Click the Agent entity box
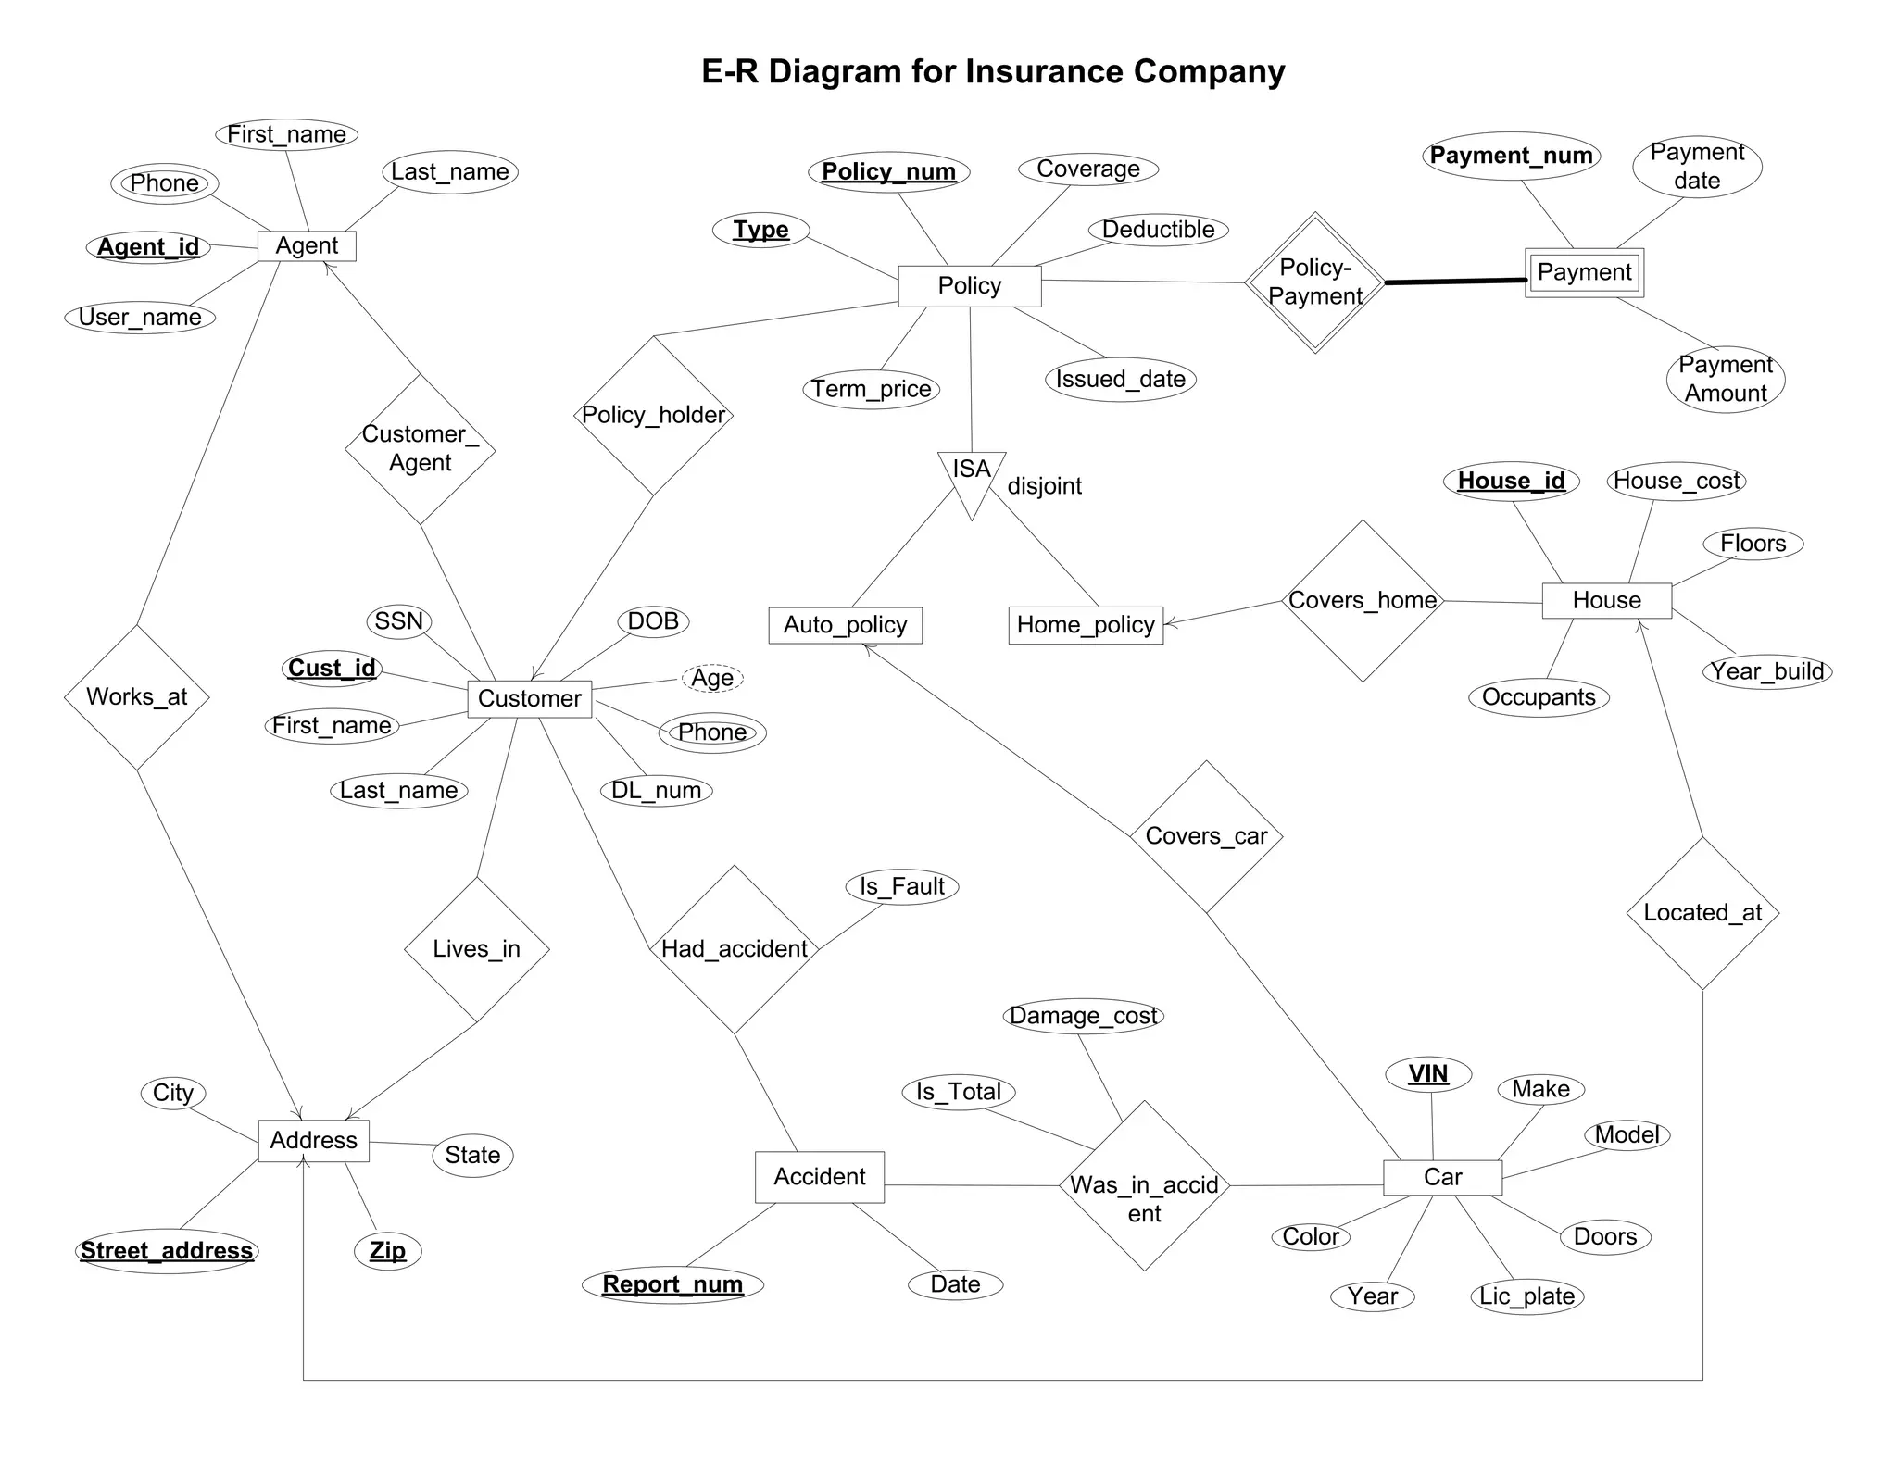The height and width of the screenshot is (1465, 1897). (307, 245)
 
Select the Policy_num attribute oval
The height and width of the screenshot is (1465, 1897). (889, 171)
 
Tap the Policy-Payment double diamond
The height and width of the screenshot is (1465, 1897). (1315, 282)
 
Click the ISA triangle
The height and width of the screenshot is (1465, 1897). (972, 476)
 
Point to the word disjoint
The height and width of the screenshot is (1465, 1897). (1044, 486)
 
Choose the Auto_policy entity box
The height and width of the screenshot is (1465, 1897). (845, 625)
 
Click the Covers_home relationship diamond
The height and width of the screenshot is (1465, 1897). (1363, 601)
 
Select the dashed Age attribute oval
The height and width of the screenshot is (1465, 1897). (712, 678)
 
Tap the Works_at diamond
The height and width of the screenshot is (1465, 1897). (137, 697)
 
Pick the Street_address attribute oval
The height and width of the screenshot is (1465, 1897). (167, 1251)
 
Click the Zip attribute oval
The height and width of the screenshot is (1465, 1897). (388, 1251)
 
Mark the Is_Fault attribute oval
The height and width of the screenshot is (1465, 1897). (902, 886)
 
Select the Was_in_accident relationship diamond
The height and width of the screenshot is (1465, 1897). (1144, 1186)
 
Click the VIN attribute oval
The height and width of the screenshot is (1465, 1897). (1428, 1074)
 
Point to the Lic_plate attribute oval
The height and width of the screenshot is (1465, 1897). (1526, 1296)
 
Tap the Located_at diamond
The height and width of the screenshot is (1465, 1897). (1702, 913)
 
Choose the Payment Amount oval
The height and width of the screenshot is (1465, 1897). (1726, 379)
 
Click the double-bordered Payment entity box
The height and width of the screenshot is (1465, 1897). (1584, 272)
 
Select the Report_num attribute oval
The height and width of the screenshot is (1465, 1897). (672, 1284)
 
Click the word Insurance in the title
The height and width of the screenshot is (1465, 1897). (1045, 71)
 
